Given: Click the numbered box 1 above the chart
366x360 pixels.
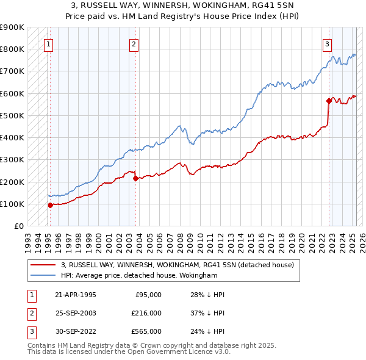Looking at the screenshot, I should (x=48, y=44).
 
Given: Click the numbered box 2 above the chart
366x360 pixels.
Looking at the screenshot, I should (x=134, y=44).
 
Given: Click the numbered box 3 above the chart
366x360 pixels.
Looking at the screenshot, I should (x=327, y=44).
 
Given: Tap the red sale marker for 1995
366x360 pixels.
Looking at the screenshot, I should (x=51, y=205).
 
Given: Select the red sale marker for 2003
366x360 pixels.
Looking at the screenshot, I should (x=135, y=178).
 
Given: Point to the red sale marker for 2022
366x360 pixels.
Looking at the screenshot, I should (x=329, y=101).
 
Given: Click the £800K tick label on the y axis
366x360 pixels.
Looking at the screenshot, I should (x=12, y=49).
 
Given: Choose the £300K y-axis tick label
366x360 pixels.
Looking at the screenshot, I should (x=12, y=160).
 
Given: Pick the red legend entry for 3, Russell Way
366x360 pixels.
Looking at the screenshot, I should (x=178, y=265).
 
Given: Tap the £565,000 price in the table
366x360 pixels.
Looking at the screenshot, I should (x=147, y=332).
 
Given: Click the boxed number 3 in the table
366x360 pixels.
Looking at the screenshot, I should (x=30, y=332).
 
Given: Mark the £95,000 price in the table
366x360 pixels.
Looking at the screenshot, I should (x=148, y=294).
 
